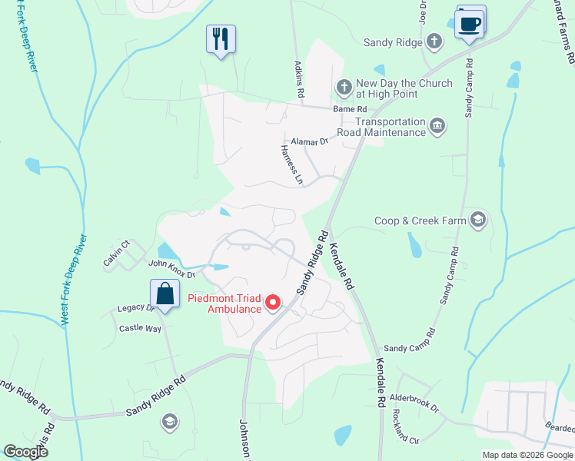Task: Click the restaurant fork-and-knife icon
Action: click(221, 38)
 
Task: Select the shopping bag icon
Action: click(165, 293)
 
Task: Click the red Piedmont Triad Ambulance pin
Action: click(273, 303)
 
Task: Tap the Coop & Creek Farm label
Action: click(420, 221)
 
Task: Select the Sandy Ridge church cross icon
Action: click(434, 41)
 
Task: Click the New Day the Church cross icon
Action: click(344, 85)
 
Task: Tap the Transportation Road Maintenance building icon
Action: click(437, 125)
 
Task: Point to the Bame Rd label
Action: click(347, 109)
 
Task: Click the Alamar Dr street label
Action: click(310, 141)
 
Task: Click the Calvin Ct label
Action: click(117, 254)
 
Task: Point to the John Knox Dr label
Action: click(172, 268)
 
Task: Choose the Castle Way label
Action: click(140, 328)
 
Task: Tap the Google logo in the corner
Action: click(25, 452)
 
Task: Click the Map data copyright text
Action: click(526, 455)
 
